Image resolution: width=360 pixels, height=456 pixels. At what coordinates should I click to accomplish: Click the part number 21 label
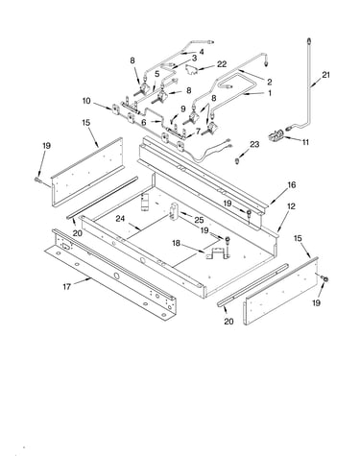tap(325, 75)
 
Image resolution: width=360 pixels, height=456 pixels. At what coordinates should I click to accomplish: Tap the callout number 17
tap(66, 287)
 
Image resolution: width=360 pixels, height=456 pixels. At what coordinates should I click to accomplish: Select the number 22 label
tap(222, 64)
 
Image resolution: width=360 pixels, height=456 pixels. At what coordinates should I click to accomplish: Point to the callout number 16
tap(291, 185)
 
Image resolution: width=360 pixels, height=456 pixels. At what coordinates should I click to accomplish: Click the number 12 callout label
tap(291, 206)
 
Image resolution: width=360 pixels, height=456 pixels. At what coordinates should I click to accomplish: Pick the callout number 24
tap(120, 219)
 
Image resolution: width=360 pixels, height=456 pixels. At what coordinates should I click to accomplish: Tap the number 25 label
tap(199, 220)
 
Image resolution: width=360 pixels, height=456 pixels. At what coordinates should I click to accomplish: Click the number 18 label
tap(177, 243)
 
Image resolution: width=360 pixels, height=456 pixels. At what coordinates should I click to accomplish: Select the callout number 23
tap(254, 145)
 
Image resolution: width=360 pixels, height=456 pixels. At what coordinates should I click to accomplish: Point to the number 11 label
tap(305, 142)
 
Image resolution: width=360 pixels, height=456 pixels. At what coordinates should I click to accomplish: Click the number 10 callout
tap(86, 101)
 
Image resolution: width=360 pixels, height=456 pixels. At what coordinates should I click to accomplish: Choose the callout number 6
tap(144, 123)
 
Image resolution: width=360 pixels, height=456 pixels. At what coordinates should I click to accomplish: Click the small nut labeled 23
tap(237, 160)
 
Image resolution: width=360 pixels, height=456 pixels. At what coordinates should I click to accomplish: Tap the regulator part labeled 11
tap(276, 134)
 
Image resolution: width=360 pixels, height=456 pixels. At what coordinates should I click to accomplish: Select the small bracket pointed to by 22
tap(191, 69)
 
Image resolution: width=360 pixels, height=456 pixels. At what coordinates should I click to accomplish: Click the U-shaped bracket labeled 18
tap(218, 252)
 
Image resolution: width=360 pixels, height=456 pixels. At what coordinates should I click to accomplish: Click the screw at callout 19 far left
tap(36, 180)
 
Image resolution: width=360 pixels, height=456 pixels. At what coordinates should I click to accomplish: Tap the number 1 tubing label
tap(270, 93)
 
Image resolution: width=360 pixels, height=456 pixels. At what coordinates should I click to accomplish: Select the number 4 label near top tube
tap(202, 52)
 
